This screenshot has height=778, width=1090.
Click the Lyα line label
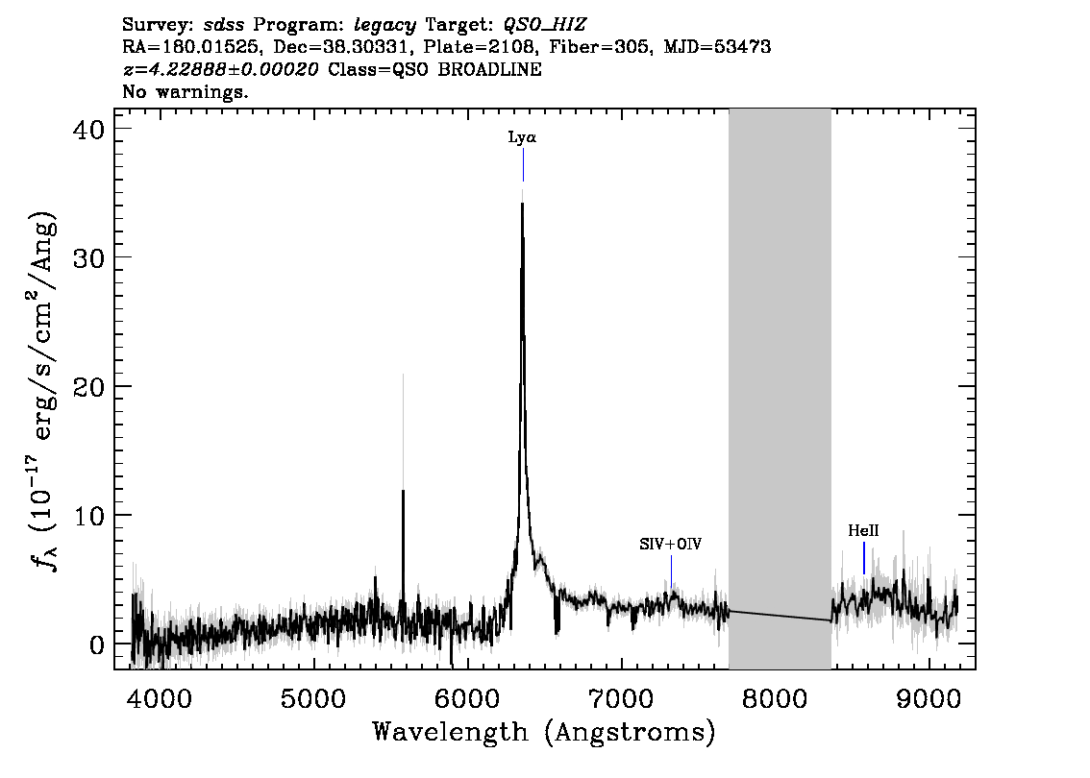(x=522, y=137)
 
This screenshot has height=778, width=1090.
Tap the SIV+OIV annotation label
(x=671, y=544)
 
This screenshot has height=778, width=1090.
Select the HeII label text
(x=863, y=531)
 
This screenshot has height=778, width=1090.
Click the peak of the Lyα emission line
(x=522, y=203)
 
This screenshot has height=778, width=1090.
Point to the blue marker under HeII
(x=864, y=558)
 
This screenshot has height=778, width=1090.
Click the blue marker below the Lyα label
(x=524, y=165)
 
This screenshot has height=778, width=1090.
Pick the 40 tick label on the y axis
(x=88, y=130)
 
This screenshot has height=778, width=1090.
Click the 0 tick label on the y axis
(x=97, y=644)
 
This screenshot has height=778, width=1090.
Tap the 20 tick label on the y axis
(x=88, y=386)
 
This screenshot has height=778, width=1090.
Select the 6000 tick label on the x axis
(x=467, y=699)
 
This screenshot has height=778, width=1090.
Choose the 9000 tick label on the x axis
(x=929, y=699)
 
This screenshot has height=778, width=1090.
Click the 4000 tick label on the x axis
(x=160, y=699)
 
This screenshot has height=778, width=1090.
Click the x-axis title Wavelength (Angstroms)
(x=544, y=733)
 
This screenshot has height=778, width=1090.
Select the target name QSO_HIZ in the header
(x=545, y=26)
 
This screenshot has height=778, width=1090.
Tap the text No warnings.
(x=185, y=91)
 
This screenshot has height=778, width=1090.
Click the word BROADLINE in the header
(x=489, y=69)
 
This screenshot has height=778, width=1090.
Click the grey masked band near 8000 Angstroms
(x=780, y=389)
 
